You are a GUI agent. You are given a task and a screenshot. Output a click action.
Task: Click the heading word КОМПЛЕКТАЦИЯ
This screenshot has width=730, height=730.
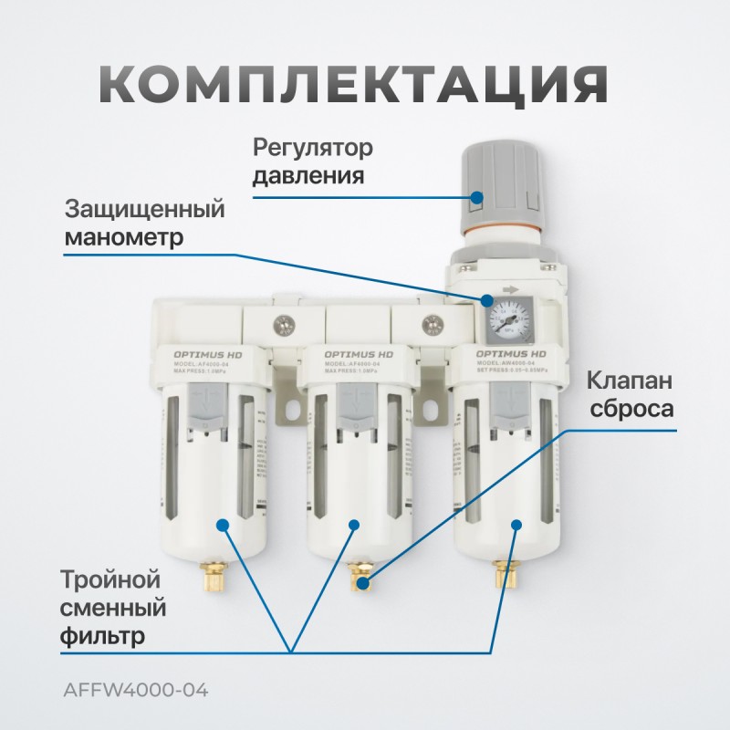pyautogui.click(x=352, y=87)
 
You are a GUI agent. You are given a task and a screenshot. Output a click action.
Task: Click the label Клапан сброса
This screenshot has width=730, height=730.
pyautogui.click(x=630, y=392)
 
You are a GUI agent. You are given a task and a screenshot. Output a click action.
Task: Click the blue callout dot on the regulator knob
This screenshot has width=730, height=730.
pyautogui.click(x=479, y=196)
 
